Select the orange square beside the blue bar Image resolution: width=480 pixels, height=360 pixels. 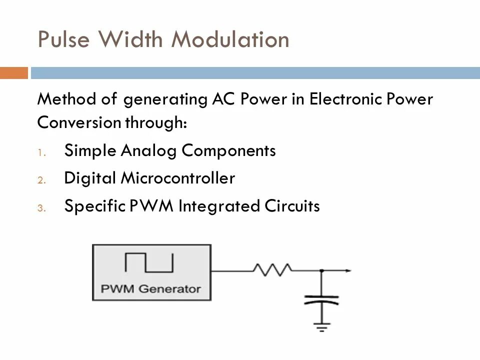point(13,73)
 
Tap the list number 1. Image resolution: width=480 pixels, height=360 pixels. point(41,152)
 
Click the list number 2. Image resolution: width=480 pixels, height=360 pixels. point(41,180)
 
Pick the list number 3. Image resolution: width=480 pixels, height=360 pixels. point(41,208)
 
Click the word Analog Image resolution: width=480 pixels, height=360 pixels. point(149,150)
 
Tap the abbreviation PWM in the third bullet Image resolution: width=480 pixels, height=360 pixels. point(154,206)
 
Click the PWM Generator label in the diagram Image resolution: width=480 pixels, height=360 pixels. point(151,288)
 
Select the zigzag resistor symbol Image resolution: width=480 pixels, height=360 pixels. point(272,270)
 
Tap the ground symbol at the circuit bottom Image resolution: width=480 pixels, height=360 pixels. point(321,327)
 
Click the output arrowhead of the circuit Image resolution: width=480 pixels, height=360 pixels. point(348,270)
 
